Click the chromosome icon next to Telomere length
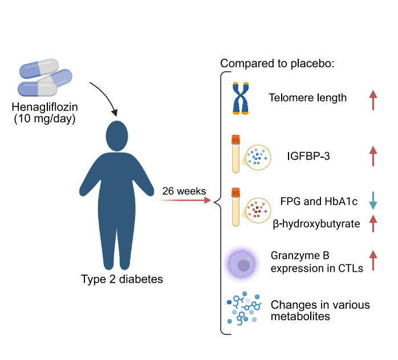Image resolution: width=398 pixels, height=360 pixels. pyautogui.click(x=241, y=98)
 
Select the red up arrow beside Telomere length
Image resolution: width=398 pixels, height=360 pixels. pyautogui.click(x=373, y=100)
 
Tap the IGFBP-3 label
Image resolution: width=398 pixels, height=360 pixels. pyautogui.click(x=308, y=156)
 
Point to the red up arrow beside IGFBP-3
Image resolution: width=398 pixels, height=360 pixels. pyautogui.click(x=373, y=156)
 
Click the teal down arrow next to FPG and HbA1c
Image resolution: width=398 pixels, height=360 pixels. pyautogui.click(x=373, y=201)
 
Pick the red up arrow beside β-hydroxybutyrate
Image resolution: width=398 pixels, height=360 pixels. pyautogui.click(x=373, y=223)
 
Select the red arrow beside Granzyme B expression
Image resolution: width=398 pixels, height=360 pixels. pyautogui.click(x=373, y=260)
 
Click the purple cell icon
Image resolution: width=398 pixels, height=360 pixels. pyautogui.click(x=242, y=264)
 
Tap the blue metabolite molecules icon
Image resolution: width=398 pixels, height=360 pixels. pyautogui.click(x=244, y=308)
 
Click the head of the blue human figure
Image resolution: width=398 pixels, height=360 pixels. pyautogui.click(x=117, y=136)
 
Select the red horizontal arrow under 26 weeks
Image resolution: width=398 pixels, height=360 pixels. pyautogui.click(x=185, y=201)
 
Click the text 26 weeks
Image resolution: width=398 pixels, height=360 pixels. pyautogui.click(x=184, y=191)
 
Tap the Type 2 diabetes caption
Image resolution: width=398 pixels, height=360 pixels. pyautogui.click(x=122, y=279)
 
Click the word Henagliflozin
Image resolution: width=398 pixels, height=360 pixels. pyautogui.click(x=44, y=107)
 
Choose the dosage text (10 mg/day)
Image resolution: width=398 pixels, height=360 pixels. pyautogui.click(x=44, y=118)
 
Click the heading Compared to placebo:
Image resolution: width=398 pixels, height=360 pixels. pyautogui.click(x=277, y=63)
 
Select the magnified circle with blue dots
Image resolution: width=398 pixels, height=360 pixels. pyautogui.click(x=258, y=157)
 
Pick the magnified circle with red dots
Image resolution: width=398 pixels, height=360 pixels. pyautogui.click(x=258, y=210)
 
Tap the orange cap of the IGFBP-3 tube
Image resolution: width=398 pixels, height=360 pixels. pyautogui.click(x=235, y=140)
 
